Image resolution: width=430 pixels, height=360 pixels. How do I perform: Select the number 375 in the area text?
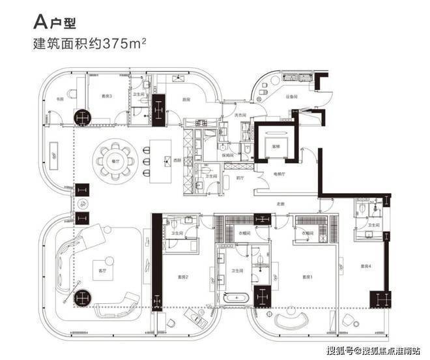136,46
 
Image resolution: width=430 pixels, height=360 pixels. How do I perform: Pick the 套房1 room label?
308,277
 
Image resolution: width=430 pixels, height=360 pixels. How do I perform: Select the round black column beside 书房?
83,117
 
